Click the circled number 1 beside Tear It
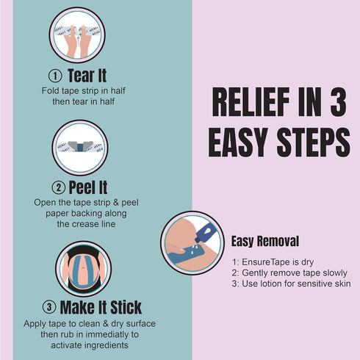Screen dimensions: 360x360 (x=55, y=76)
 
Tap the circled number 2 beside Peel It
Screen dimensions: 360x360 (x=59, y=187)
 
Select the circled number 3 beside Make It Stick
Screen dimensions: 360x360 (x=49, y=307)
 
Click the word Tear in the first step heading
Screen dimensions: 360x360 (x=81, y=76)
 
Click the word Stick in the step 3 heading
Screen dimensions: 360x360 (x=126, y=307)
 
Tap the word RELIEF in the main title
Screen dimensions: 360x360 (x=251, y=102)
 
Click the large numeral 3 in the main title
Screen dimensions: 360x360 (x=338, y=102)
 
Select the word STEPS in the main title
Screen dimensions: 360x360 (x=314, y=143)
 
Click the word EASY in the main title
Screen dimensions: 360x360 (x=237, y=143)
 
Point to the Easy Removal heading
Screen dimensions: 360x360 (x=265, y=241)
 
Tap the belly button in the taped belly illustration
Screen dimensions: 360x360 (x=84, y=268)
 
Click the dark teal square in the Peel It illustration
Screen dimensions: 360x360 (x=80, y=148)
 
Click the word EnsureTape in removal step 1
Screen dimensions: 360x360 (x=263, y=262)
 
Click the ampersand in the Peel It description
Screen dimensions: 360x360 (x=116, y=203)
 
